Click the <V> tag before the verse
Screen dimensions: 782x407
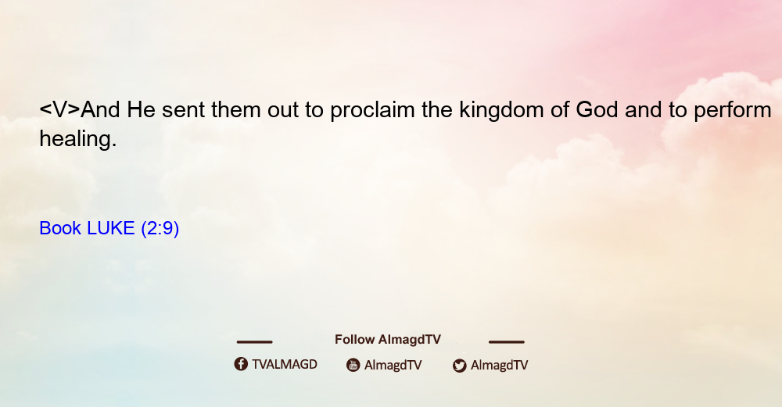click(x=60, y=109)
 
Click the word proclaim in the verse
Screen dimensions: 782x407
click(x=372, y=111)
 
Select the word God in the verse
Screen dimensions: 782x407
click(x=597, y=109)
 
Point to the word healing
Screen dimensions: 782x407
click(x=77, y=139)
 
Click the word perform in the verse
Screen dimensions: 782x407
click(x=733, y=111)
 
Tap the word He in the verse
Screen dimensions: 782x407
click(x=141, y=109)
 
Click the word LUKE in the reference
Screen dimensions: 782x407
click(x=111, y=228)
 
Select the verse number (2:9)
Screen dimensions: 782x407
click(x=160, y=229)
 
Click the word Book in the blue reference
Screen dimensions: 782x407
click(x=60, y=228)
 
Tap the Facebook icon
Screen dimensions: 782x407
click(x=241, y=364)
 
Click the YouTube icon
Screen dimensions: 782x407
click(x=353, y=365)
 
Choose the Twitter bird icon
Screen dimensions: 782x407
click(x=459, y=366)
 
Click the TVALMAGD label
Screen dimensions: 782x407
click(x=285, y=365)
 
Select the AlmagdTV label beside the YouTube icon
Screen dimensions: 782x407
click(x=393, y=366)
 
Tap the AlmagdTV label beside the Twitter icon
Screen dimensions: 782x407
click(x=499, y=366)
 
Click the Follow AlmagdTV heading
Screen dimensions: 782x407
click(x=388, y=340)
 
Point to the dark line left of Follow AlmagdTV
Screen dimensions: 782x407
click(x=254, y=342)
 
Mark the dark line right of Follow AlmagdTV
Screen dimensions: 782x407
click(x=507, y=342)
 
